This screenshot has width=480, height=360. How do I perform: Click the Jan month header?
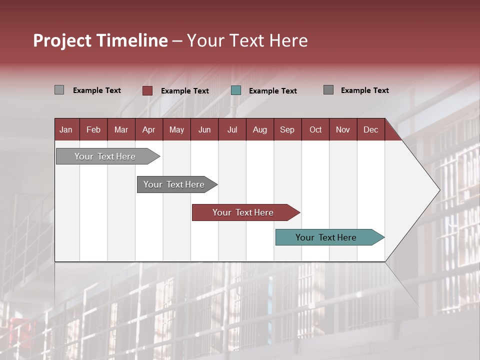pos(66,129)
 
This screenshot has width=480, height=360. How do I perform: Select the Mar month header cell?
pos(121,129)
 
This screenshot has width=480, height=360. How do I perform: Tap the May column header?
pos(176,129)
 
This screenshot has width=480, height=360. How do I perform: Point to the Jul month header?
pos(232,129)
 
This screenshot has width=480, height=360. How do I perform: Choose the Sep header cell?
pos(287,129)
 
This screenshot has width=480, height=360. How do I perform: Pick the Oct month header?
pos(315,129)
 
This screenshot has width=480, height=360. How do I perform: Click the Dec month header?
pos(370,129)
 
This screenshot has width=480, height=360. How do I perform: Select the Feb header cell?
pos(93,129)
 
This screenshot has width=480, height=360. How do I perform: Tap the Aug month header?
pos(259,129)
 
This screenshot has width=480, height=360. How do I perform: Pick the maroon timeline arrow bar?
pos(243,212)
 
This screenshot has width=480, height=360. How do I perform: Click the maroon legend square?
pos(147,90)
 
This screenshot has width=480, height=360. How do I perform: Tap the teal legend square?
pos(236,90)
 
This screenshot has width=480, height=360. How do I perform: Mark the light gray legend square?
pos(59,90)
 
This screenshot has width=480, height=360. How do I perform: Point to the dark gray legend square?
pos(328,90)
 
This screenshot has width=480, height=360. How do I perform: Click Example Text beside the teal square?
pos(272,91)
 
